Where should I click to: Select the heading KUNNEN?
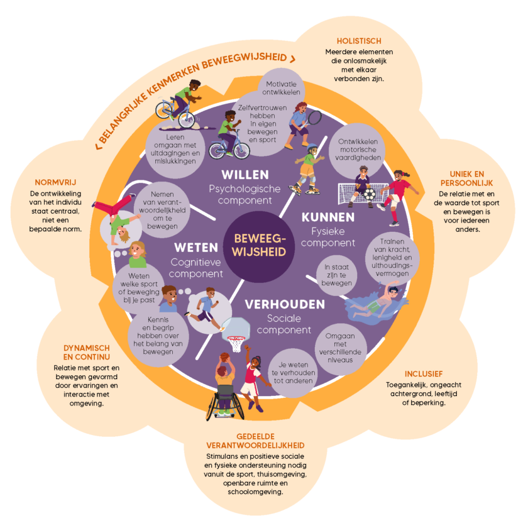point(328,217)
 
